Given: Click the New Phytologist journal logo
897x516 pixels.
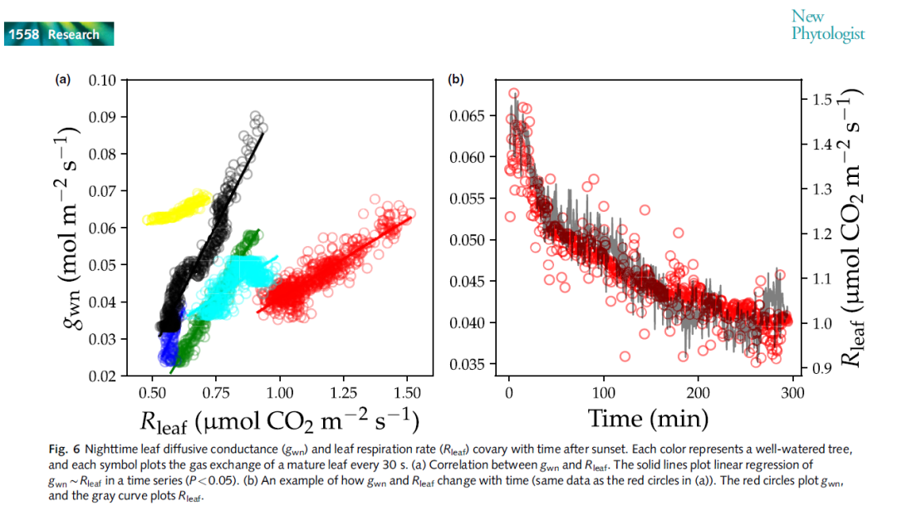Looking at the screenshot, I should [x=827, y=25].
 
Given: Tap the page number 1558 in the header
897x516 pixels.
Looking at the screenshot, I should [x=25, y=34].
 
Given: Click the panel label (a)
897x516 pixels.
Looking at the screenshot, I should [x=62, y=80].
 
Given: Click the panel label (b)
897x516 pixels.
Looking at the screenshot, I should [x=455, y=80].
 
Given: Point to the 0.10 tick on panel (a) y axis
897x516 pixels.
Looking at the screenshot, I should [x=102, y=81].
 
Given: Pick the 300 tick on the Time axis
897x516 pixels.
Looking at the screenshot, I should [x=792, y=391].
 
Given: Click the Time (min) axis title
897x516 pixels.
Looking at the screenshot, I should [x=649, y=416].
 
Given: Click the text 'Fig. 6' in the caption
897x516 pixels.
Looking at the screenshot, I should [x=62, y=448].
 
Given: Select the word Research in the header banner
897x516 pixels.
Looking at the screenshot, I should [x=73, y=34].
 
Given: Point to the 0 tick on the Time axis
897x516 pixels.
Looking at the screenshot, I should [x=509, y=391].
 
